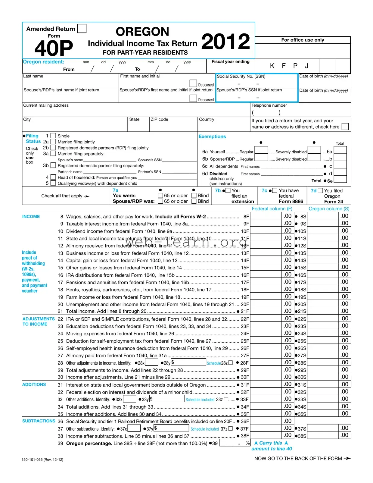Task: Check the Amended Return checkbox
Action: click(82, 29)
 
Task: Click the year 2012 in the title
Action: click(225, 42)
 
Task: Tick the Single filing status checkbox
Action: click(53, 136)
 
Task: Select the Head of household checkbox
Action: click(53, 177)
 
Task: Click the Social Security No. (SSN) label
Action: click(241, 76)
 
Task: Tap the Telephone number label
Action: click(269, 105)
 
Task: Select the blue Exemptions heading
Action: click(212, 136)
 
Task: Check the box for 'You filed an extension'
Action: click(228, 190)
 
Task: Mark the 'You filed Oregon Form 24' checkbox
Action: click(320, 191)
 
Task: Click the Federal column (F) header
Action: click(272, 209)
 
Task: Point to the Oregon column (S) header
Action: click(329, 209)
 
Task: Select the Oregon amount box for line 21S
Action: click(322, 311)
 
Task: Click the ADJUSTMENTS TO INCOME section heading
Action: click(38, 321)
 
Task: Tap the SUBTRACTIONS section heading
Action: click(39, 421)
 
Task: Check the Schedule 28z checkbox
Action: click(231, 363)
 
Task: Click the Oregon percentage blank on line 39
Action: click(232, 443)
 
